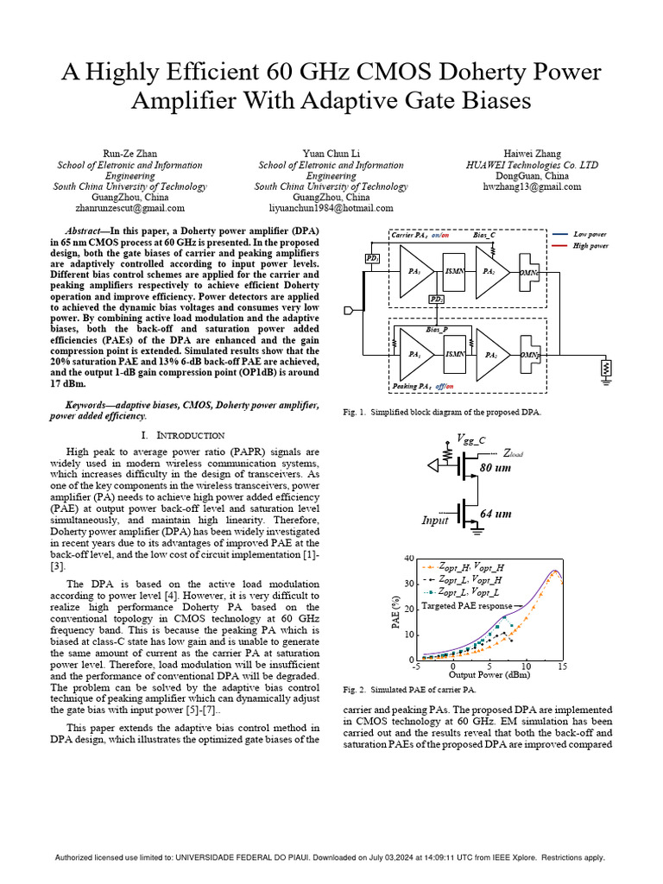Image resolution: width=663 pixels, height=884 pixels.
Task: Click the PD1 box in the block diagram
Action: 371,258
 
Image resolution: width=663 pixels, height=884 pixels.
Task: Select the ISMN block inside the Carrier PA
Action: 454,271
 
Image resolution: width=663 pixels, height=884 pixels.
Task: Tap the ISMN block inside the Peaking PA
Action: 454,354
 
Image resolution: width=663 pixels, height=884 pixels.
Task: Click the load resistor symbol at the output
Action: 608,368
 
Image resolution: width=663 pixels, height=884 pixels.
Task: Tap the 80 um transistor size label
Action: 496,467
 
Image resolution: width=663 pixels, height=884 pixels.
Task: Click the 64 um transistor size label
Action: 496,514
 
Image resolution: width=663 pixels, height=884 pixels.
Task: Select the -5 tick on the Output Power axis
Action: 416,667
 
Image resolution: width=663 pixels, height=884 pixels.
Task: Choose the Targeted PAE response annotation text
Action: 467,607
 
